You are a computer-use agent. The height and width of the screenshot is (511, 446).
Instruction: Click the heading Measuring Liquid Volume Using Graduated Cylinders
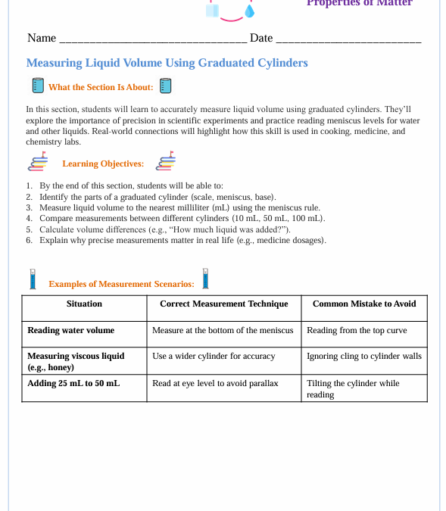167,63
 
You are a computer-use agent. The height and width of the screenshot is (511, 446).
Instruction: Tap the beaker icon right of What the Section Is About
166,86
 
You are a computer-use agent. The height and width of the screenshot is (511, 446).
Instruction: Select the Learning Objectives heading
102,164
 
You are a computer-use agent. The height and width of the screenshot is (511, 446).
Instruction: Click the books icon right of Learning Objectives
166,162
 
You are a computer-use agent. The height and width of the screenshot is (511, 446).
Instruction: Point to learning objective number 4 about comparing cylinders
182,218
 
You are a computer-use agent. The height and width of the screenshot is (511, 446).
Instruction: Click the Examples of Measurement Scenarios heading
121,284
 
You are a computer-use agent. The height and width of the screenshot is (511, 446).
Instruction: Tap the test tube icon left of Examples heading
33,279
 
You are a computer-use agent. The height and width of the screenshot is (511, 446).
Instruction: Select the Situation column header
84,304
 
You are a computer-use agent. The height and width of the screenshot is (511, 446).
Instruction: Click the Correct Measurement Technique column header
223,304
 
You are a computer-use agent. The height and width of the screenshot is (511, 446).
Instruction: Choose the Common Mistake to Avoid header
364,304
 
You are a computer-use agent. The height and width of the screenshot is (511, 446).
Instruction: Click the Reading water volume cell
71,330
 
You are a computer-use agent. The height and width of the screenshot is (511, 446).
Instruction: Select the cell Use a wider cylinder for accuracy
214,356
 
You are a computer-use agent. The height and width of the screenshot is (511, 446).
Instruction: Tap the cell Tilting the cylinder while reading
353,388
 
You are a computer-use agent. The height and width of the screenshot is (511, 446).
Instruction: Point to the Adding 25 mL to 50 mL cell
73,383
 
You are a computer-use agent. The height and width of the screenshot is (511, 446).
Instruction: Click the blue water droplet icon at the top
249,11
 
